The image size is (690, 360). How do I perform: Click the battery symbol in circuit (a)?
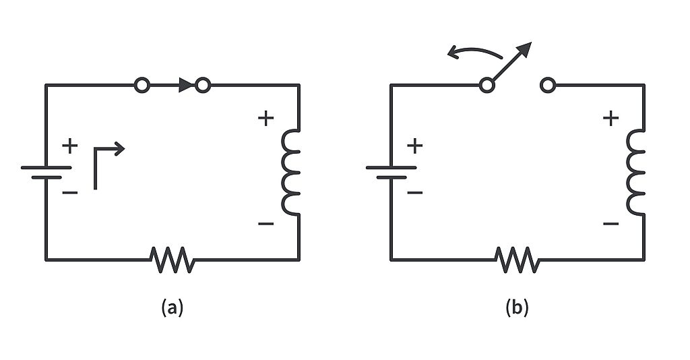(x=46, y=172)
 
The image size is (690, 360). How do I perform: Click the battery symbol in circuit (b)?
(x=391, y=172)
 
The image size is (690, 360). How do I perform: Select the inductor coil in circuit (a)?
(x=292, y=173)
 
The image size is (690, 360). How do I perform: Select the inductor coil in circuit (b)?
(x=637, y=173)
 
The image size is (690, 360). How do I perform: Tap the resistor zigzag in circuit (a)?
(x=172, y=260)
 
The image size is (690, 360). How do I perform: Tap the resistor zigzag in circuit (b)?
(x=517, y=260)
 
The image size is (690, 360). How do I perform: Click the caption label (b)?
(x=517, y=307)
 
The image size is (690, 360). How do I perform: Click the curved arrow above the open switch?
(x=475, y=53)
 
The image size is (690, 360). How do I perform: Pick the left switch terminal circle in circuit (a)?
(x=142, y=85)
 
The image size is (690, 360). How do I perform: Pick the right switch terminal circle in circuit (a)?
(x=202, y=85)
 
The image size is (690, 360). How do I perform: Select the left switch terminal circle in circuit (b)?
(x=487, y=85)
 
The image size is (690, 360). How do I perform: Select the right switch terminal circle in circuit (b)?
(x=548, y=85)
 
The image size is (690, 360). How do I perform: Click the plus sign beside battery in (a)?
(x=70, y=145)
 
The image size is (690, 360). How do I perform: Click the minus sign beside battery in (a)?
(x=70, y=193)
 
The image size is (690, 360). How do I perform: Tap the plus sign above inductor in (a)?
(x=266, y=119)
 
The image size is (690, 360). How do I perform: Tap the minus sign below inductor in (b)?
(x=610, y=223)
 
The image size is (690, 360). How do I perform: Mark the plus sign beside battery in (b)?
(x=415, y=145)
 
